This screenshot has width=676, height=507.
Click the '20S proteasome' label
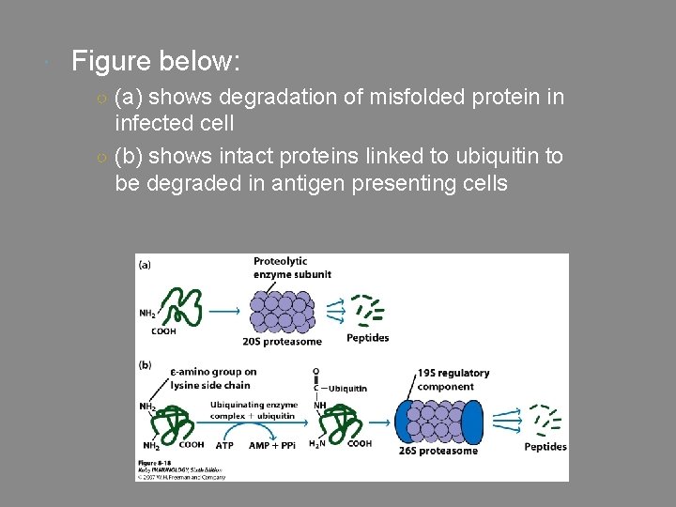[282, 341]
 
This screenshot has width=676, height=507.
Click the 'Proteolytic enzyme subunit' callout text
[292, 267]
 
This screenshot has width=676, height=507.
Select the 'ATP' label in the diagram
[224, 445]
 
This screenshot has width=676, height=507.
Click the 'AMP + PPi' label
[272, 445]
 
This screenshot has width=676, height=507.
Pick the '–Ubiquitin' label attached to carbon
[345, 388]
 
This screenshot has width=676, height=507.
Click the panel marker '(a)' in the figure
[146, 265]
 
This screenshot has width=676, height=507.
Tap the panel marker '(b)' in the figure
[146, 364]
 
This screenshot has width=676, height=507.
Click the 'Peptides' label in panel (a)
[367, 338]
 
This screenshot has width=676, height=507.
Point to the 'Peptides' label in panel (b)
[545, 447]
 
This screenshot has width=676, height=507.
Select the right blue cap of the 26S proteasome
[471, 417]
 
